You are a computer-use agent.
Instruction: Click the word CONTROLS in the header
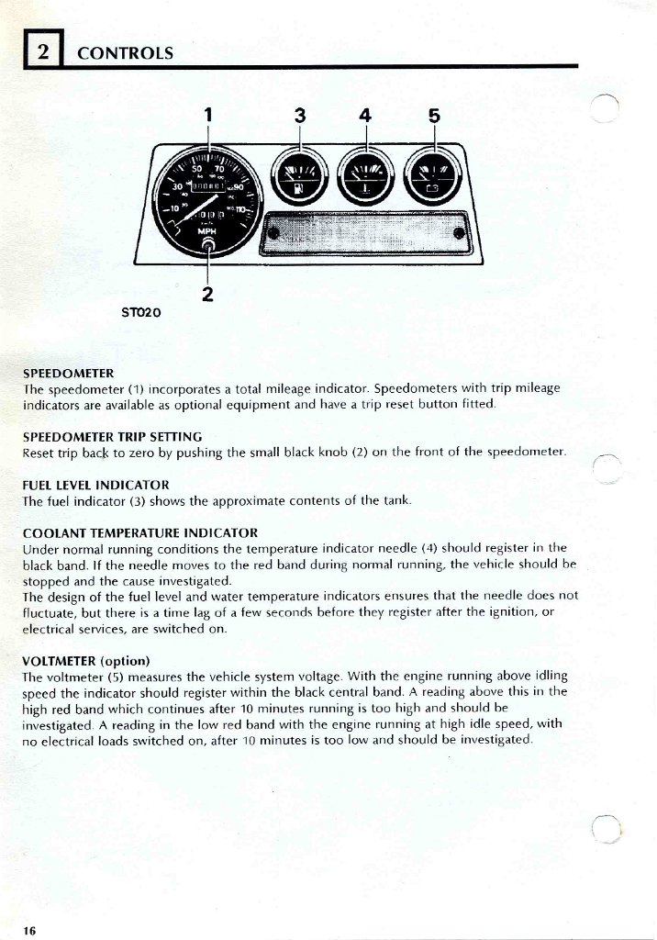[125, 52]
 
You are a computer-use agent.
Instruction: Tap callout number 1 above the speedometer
[209, 116]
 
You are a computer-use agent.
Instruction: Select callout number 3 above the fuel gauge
[300, 116]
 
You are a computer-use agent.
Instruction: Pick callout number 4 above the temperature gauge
[365, 116]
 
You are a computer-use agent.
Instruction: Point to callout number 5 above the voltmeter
[434, 116]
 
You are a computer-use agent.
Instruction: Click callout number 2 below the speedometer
[208, 295]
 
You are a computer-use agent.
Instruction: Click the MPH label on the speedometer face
[207, 231]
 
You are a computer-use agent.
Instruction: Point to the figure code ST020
[141, 313]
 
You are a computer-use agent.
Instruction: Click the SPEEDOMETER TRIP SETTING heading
[112, 436]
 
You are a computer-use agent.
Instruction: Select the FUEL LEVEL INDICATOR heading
[95, 484]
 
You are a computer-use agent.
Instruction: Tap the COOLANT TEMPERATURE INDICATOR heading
[139, 532]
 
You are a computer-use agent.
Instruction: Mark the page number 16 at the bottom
[29, 931]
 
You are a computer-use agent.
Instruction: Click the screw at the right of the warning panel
[459, 232]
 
